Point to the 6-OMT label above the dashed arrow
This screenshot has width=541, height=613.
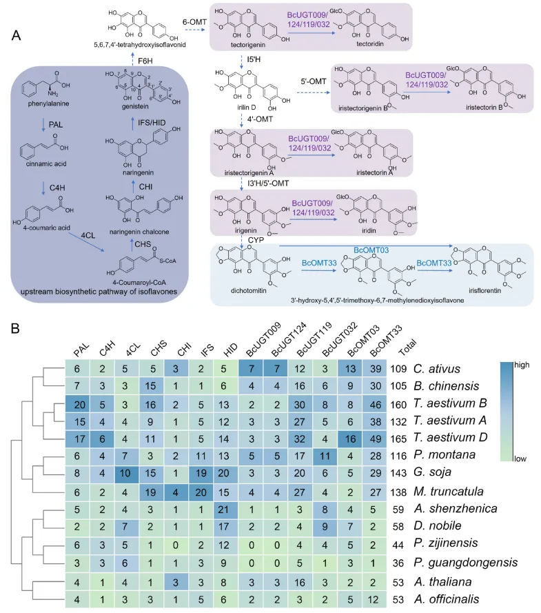click(x=183, y=20)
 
